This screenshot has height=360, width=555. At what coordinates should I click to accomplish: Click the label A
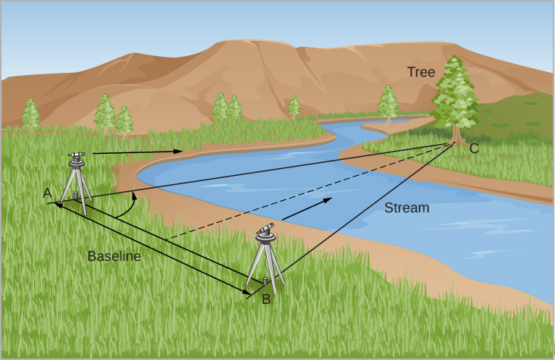point(47,193)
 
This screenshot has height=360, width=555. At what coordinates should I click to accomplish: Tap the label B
point(265,299)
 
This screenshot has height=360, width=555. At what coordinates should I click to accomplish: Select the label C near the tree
point(474,149)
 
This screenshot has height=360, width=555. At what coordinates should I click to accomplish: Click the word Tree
point(421,73)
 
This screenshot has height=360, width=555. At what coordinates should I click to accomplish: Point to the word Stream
point(406,208)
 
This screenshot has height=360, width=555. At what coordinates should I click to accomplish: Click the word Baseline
point(114,256)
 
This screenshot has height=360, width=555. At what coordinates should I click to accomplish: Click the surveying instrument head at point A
point(77,158)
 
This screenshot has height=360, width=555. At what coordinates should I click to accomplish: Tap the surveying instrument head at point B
point(265,231)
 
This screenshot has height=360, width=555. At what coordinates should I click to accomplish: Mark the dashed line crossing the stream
point(303,193)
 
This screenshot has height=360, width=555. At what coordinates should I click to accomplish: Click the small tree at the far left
point(30,114)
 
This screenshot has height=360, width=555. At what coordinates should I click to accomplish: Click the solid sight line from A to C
point(265,170)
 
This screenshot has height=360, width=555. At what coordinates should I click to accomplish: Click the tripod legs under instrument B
point(265,265)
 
